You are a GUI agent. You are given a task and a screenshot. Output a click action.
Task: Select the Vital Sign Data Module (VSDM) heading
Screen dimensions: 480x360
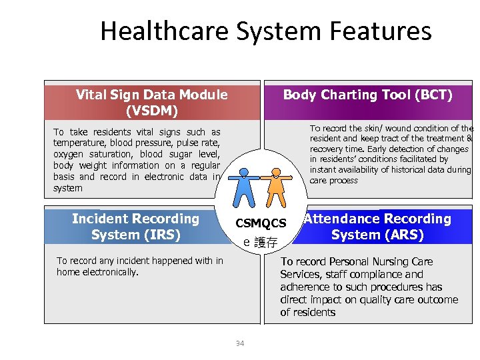pos(151,103)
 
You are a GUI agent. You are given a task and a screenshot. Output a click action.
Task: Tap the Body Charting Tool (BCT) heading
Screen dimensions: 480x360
pos(367,95)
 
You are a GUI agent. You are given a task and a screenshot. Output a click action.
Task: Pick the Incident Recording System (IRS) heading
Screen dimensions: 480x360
pos(135,227)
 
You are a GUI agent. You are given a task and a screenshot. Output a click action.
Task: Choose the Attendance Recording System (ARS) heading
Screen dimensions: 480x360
pos(377,227)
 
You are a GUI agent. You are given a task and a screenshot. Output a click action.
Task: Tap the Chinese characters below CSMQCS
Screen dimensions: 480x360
pos(265,242)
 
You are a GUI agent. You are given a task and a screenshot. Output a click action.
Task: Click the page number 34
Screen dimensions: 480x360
pos(239,343)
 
